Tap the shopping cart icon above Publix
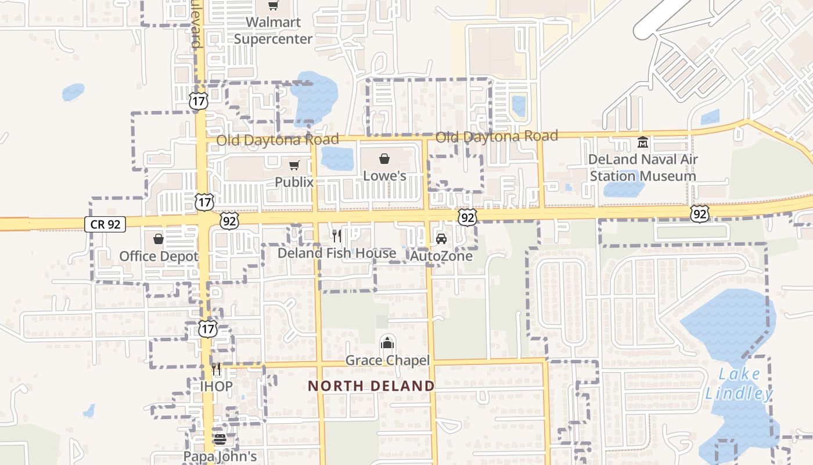click(x=294, y=166)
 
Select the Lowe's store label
click(x=384, y=176)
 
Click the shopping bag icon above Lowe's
click(x=384, y=159)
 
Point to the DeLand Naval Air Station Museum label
click(x=643, y=167)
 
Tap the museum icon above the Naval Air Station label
click(x=643, y=142)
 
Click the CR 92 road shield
click(x=105, y=224)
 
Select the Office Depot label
click(x=159, y=256)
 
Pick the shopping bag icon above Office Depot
click(x=158, y=239)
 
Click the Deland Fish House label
click(x=337, y=253)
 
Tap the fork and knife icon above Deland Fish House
click(x=336, y=236)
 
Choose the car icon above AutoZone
click(x=441, y=239)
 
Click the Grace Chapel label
click(x=387, y=360)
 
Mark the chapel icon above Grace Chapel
click(x=387, y=343)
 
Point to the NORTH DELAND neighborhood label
click(x=371, y=386)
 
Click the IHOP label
click(x=216, y=387)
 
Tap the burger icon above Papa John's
click(x=220, y=439)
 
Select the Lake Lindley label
click(x=739, y=384)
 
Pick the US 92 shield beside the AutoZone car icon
click(x=467, y=217)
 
